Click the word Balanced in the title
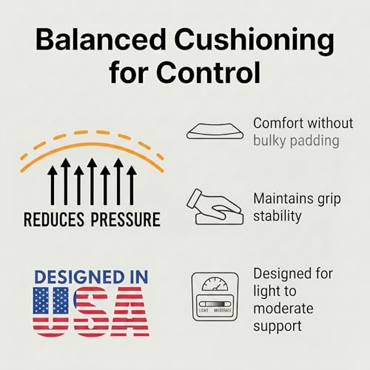point(101,39)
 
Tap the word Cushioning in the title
point(255,41)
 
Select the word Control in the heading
point(209,73)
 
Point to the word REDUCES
point(54,219)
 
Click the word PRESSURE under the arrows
point(126,219)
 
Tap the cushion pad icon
point(215,132)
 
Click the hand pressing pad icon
point(215,206)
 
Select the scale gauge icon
point(215,297)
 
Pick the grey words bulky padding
point(296,141)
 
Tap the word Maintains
point(281,198)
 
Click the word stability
point(277,216)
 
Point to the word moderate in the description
point(283,309)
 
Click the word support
point(277,326)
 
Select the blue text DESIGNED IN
point(91,277)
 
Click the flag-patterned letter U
point(51,312)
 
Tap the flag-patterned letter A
point(130,312)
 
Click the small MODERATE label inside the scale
point(223,310)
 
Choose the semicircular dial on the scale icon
point(215,284)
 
